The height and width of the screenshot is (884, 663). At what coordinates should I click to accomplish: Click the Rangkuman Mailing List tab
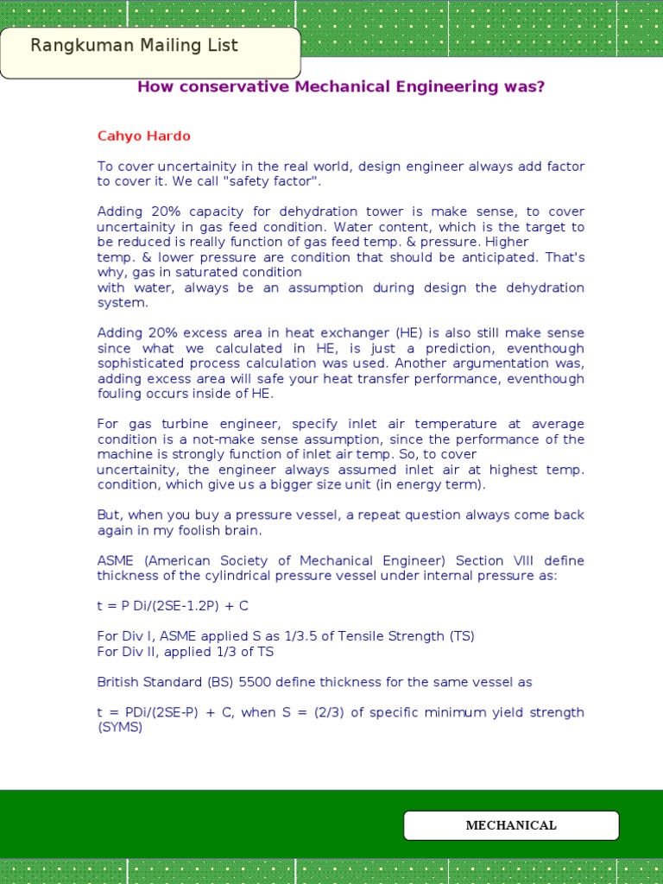click(134, 47)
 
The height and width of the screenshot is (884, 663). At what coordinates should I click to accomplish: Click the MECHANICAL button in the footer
click(511, 825)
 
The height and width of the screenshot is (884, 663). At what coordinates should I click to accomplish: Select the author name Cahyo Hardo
click(143, 136)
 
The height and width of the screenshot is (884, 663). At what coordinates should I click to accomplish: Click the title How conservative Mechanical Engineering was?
click(341, 87)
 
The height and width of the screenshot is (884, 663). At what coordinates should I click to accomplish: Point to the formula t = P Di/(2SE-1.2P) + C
click(173, 606)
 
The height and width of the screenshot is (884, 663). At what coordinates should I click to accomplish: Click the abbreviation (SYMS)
click(120, 728)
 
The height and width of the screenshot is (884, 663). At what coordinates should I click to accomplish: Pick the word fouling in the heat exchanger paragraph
click(119, 395)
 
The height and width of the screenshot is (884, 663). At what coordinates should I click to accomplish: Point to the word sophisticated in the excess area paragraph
click(138, 363)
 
